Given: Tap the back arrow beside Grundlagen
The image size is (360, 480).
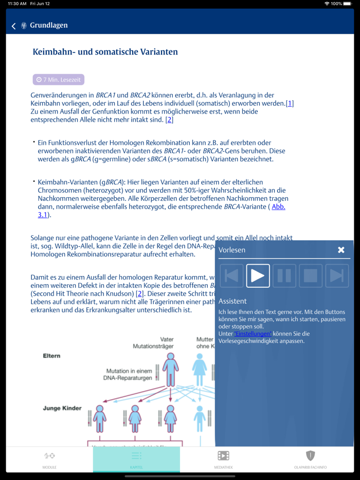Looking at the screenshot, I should [13, 26].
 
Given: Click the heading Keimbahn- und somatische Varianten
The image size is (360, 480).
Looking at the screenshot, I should [105, 52].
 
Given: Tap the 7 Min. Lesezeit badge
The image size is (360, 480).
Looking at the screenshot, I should [58, 80].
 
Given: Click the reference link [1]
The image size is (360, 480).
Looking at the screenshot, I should [290, 103].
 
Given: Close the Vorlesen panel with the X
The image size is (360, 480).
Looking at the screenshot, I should [341, 250].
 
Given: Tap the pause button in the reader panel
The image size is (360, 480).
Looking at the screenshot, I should [284, 275].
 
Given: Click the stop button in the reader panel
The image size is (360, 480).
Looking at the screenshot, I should [310, 275].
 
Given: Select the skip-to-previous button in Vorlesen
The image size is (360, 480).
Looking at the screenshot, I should [231, 275].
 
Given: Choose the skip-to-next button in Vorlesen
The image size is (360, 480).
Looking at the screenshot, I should [337, 275].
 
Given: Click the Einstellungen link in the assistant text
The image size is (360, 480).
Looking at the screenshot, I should [253, 334].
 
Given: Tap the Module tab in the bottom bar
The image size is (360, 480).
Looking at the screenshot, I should [49, 459].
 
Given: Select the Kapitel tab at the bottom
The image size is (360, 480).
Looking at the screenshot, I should [136, 459].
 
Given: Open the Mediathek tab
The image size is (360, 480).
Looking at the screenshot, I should [223, 459].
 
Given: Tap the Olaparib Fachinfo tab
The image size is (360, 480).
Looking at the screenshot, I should [310, 459].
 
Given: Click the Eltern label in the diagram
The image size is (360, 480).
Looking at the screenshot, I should [51, 356].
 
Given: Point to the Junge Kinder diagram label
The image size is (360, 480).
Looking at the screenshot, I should [62, 408].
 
